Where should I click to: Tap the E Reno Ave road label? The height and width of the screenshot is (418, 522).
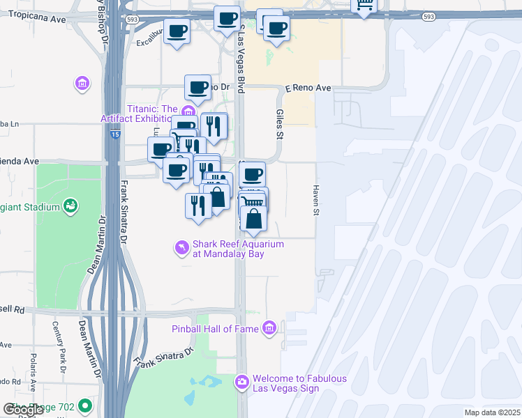click(x=308, y=89)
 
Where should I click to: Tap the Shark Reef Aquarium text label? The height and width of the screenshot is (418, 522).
click(x=238, y=249)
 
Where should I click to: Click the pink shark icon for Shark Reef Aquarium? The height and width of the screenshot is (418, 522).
click(x=181, y=247)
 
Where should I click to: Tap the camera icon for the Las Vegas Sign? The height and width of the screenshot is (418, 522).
click(x=241, y=382)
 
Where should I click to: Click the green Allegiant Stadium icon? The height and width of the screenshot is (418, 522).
click(x=70, y=206)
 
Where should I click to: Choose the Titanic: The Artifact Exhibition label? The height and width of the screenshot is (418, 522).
click(x=152, y=114)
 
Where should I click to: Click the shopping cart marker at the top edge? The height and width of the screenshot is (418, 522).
click(x=364, y=6)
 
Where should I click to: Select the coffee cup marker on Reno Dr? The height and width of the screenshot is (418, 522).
click(x=198, y=88)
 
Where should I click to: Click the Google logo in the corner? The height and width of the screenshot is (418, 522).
click(x=23, y=410)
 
